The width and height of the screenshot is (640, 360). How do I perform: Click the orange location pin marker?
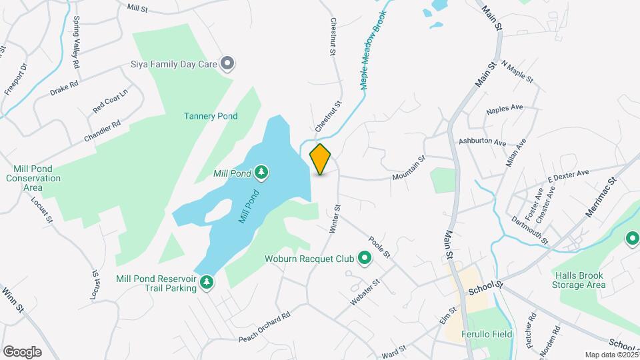click(321, 159)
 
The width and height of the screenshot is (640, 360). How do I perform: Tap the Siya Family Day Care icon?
click(227, 64)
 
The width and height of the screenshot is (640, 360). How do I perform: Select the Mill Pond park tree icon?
click(262, 173)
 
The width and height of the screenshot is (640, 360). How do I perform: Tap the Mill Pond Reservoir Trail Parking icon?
click(207, 283)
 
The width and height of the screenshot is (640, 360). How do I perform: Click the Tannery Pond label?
click(211, 116)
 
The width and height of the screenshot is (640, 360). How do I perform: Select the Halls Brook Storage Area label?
click(579, 280)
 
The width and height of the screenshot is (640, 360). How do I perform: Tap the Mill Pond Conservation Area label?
click(33, 178)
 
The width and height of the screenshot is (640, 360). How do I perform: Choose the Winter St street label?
click(335, 219)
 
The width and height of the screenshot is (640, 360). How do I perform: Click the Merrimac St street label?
click(602, 196)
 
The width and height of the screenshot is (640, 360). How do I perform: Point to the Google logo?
click(22, 352)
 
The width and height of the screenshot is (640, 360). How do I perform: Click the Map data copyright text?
click(611, 355)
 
